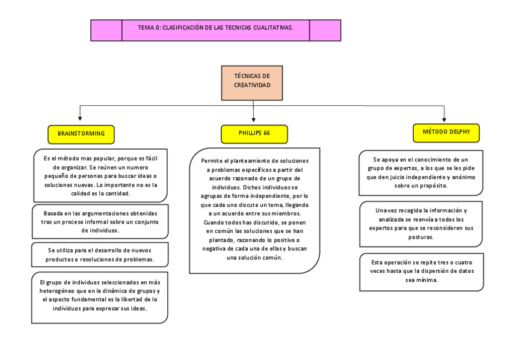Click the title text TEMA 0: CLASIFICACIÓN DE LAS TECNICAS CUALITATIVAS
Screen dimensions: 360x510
tap(215, 28)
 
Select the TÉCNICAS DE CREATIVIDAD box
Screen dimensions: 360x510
tap(252, 82)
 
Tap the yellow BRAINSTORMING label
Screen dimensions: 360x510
tap(81, 133)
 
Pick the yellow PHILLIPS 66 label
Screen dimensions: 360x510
tap(254, 133)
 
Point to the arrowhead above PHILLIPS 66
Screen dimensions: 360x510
tap(254, 120)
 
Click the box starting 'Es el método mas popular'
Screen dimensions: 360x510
tap(100, 175)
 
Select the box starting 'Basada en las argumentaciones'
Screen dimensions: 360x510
tap(100, 221)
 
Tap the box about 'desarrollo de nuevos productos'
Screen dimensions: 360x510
tap(100, 254)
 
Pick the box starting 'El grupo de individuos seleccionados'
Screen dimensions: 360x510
tap(100, 295)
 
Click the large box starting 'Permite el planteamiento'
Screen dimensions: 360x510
tap(254, 209)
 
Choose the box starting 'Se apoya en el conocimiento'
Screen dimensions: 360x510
tap(420, 172)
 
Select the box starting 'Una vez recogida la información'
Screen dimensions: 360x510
tap(420, 224)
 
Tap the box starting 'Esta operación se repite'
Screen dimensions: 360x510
tap(422, 271)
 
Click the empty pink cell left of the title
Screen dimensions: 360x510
tap(106, 30)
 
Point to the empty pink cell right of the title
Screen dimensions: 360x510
tap(325, 30)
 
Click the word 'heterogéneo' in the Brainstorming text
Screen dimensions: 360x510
tap(57, 291)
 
